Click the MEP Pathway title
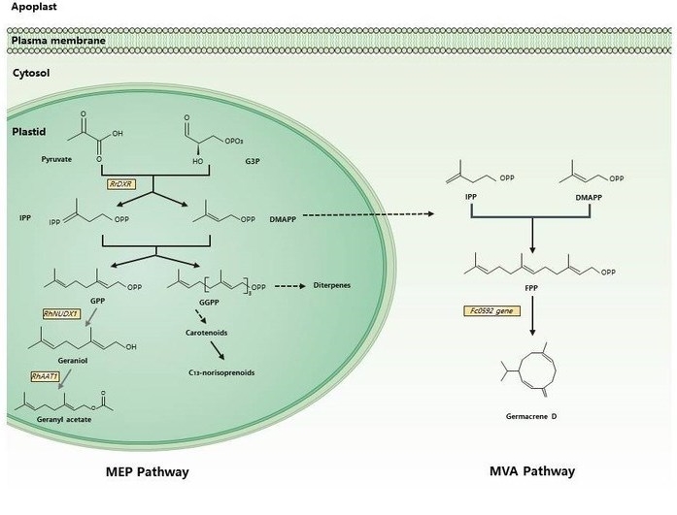(147, 472)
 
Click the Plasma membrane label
(56, 40)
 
